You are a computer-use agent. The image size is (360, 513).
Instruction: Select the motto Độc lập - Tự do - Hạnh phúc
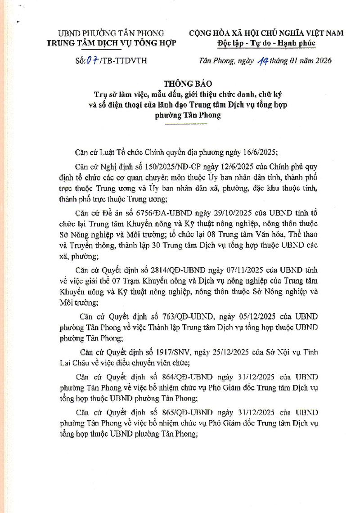[266, 43]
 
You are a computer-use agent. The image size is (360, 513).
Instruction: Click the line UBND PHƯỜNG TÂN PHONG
[111, 33]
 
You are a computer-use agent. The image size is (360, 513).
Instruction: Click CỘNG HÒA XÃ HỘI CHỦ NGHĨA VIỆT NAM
[266, 33]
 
